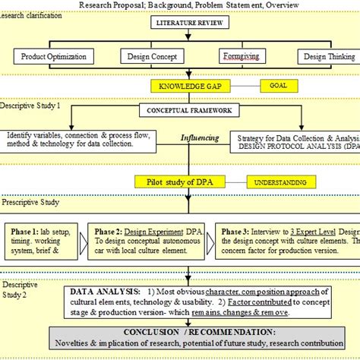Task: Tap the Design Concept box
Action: click(153, 56)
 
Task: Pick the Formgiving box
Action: click(239, 56)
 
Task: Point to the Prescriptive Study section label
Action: click(30, 202)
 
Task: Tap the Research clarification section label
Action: click(32, 16)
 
